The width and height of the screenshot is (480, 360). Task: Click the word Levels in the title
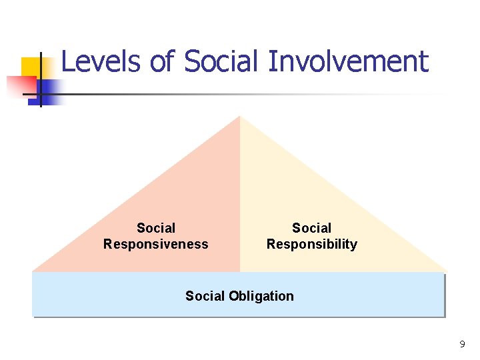[101, 62]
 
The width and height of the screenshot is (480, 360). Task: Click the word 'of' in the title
[162, 62]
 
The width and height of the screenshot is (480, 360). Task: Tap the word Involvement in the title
[347, 62]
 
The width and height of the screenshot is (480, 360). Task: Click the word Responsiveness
[155, 245]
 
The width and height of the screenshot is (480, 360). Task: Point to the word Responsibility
[311, 245]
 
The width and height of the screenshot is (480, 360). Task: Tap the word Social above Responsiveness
[156, 229]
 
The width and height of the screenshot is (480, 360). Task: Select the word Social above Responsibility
[311, 229]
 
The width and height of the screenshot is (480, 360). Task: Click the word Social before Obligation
[206, 296]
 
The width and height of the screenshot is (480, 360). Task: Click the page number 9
[462, 345]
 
